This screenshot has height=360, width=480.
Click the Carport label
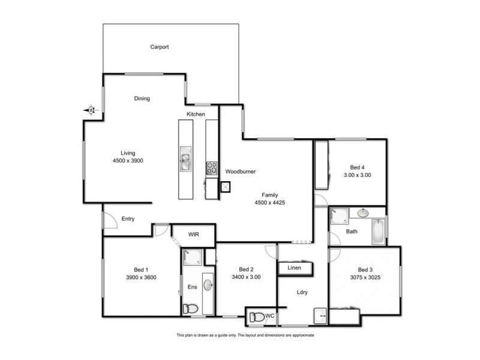(x=159, y=46)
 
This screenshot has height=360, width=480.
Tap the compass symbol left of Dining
(x=90, y=110)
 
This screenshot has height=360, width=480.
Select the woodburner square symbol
(x=226, y=187)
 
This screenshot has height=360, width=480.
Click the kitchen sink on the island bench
(x=185, y=160)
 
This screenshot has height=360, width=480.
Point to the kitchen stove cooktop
(x=211, y=167)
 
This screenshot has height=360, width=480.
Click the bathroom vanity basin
(x=364, y=212)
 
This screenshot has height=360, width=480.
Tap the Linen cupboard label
(x=294, y=268)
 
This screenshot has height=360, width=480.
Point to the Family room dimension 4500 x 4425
(x=269, y=203)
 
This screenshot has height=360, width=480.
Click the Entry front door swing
(x=109, y=221)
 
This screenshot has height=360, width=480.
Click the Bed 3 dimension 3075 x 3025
(x=366, y=278)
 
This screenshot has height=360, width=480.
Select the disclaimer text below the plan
(x=244, y=335)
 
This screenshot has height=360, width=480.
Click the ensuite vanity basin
(x=207, y=284)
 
